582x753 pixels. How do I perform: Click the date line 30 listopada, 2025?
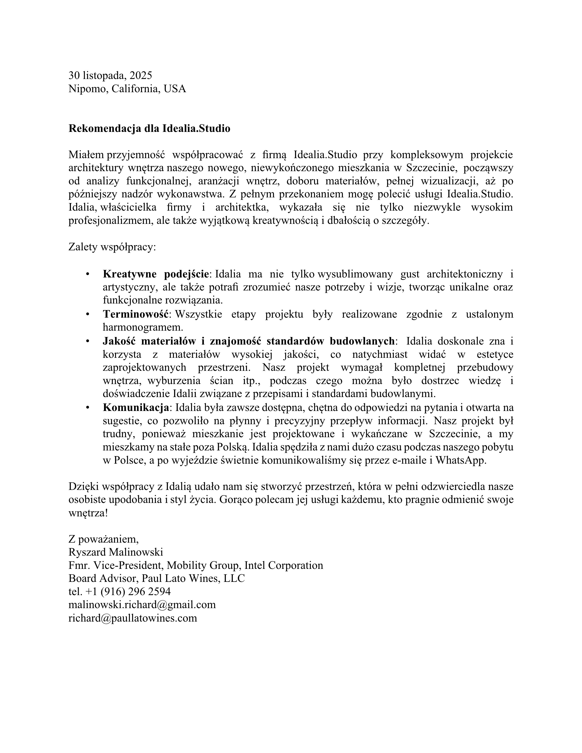point(110,76)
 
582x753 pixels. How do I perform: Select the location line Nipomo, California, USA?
point(127,89)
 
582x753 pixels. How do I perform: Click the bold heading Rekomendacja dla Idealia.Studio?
point(149,129)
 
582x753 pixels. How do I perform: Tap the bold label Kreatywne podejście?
point(156,274)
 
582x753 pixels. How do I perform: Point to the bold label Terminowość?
point(136,314)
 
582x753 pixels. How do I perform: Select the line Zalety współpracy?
point(112,247)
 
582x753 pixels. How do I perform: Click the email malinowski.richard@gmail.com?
point(142,605)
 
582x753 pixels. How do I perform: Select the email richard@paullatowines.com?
point(133,618)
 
